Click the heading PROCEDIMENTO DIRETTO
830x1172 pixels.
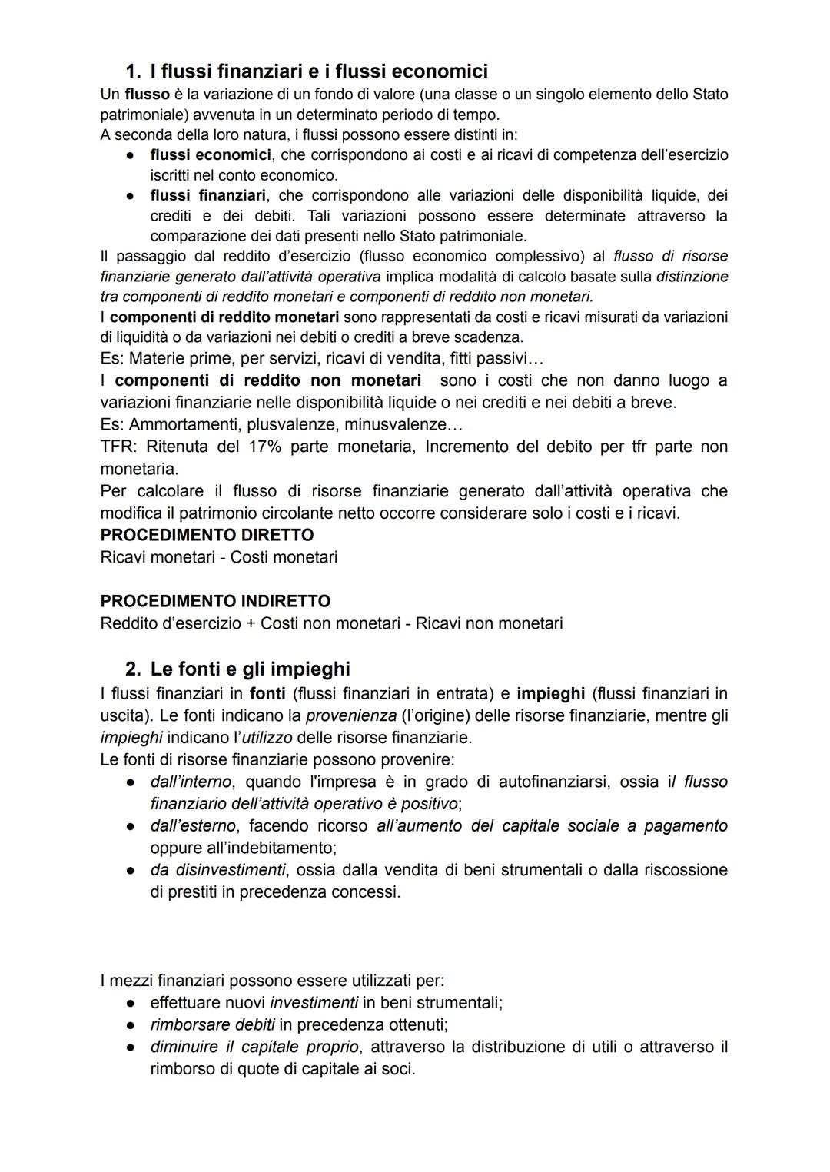pyautogui.click(x=207, y=535)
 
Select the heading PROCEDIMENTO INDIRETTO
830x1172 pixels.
pyautogui.click(x=215, y=601)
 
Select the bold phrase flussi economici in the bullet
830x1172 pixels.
pyautogui.click(x=210, y=154)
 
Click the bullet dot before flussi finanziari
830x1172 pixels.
pyautogui.click(x=132, y=196)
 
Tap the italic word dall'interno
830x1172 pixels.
pyautogui.click(x=191, y=782)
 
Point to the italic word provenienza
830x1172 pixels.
pyautogui.click(x=350, y=715)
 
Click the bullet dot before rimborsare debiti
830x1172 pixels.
pyautogui.click(x=132, y=1025)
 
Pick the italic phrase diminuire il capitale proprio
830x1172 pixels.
pyautogui.click(x=254, y=1047)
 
